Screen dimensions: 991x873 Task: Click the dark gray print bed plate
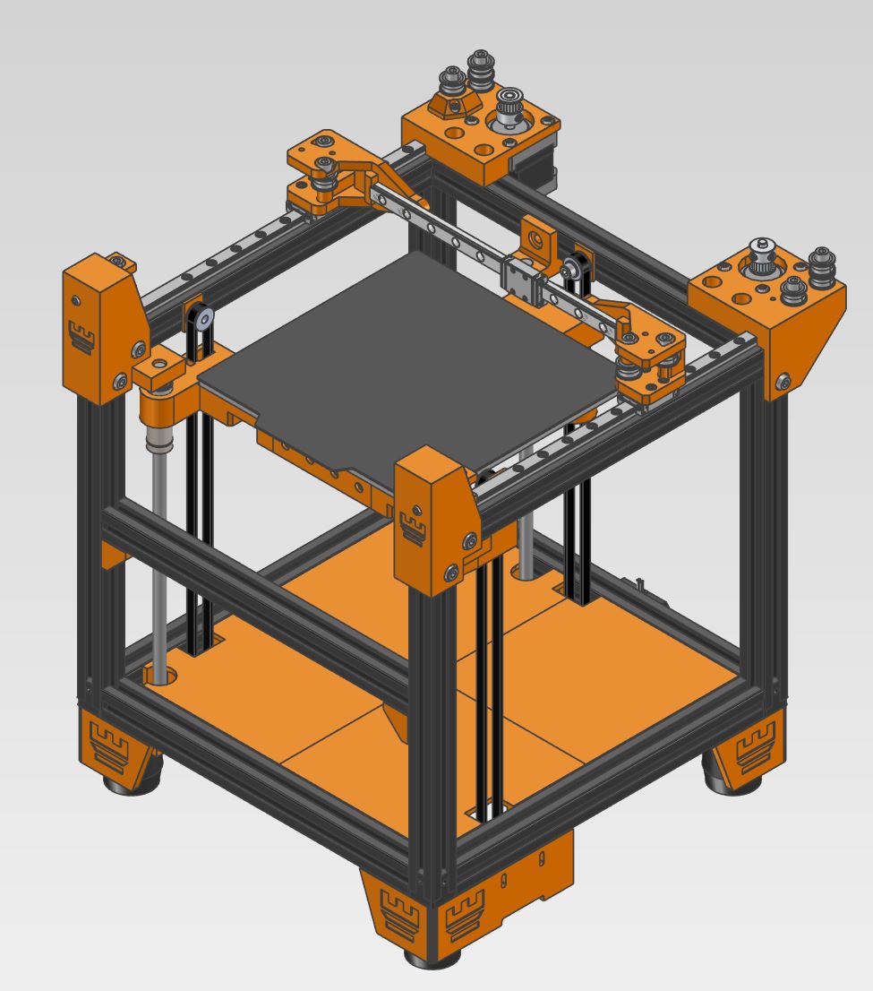coord(403,358)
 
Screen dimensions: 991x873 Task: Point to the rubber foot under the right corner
coord(730,782)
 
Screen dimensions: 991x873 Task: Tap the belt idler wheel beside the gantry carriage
coord(569,266)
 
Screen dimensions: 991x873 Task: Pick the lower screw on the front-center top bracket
coord(457,570)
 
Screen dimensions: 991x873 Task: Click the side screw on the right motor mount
coord(783,383)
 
